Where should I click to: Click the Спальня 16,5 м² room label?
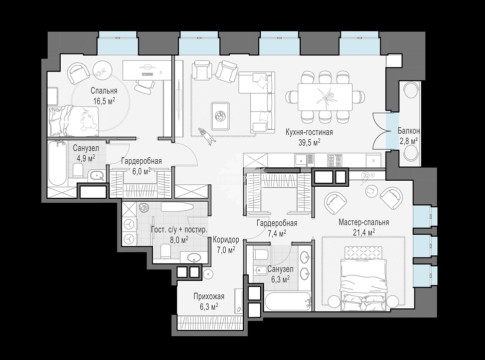[104, 96]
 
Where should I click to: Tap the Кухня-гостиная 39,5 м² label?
[309, 137]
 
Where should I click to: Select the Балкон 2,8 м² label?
[409, 136]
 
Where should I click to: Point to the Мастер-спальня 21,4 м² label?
[364, 227]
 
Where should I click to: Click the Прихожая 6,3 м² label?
[209, 301]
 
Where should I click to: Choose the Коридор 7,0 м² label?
[226, 244]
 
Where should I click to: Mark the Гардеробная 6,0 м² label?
[141, 166]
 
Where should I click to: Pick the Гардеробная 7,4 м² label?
[277, 228]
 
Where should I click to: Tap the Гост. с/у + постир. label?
[179, 230]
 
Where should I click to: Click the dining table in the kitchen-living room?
[325, 97]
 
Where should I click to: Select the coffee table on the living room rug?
[220, 116]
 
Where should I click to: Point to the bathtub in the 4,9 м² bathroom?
[57, 164]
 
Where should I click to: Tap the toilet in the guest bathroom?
[165, 250]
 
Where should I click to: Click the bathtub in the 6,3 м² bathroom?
[287, 301]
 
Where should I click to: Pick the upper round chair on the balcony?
[411, 90]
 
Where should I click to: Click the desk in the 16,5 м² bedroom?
[146, 70]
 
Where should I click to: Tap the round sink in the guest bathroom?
[193, 257]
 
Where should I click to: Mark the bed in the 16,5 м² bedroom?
[73, 121]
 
